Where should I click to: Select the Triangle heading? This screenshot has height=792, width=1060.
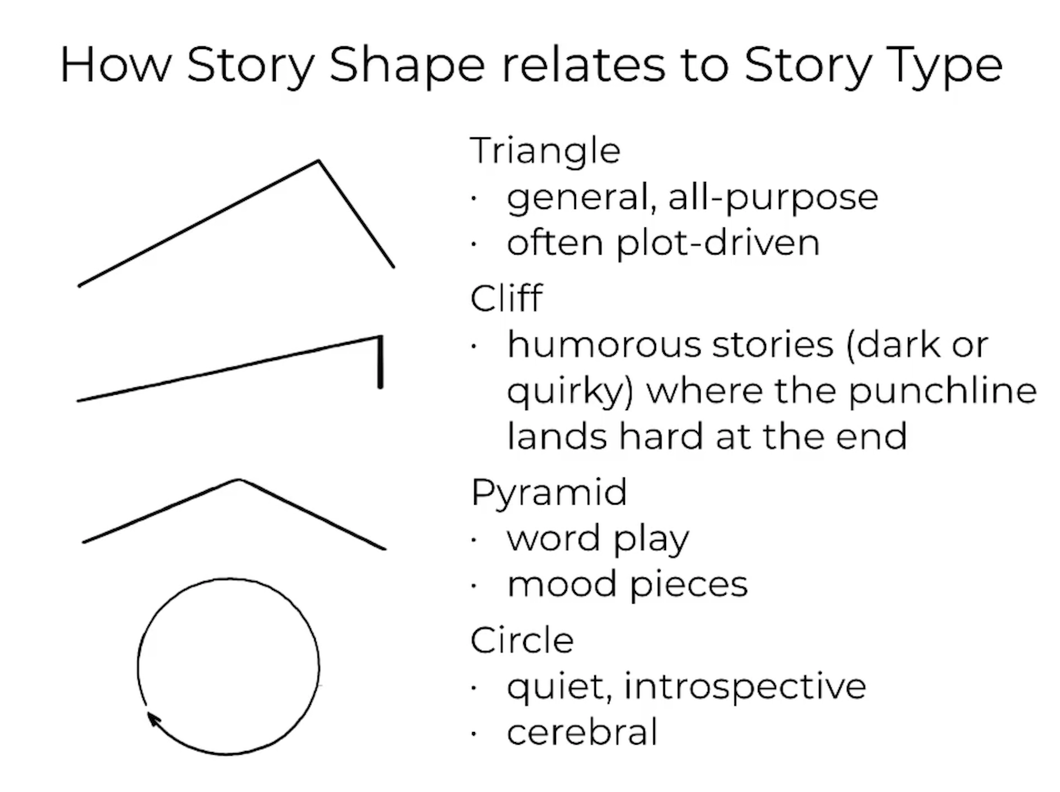pyautogui.click(x=545, y=151)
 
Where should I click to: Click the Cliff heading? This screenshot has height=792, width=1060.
pyautogui.click(x=506, y=297)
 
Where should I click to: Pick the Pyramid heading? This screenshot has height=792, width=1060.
pyautogui.click(x=549, y=494)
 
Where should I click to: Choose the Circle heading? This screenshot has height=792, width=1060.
pyautogui.click(x=522, y=639)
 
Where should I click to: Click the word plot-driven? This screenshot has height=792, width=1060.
pyautogui.click(x=718, y=244)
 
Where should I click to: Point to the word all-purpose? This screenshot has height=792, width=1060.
pyautogui.click(x=772, y=198)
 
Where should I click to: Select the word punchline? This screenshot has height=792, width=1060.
pyautogui.click(x=943, y=391)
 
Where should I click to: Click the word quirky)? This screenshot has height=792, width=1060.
pyautogui.click(x=570, y=392)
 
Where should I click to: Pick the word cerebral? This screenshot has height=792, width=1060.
pyautogui.click(x=582, y=732)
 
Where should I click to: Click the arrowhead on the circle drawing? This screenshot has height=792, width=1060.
pyautogui.click(x=154, y=719)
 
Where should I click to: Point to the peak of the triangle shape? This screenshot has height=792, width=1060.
pyautogui.click(x=318, y=161)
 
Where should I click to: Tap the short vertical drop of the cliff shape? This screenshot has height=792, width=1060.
pyautogui.click(x=380, y=362)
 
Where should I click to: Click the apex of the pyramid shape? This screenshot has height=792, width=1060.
pyautogui.click(x=238, y=480)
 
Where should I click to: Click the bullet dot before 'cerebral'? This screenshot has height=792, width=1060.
pyautogui.click(x=475, y=733)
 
